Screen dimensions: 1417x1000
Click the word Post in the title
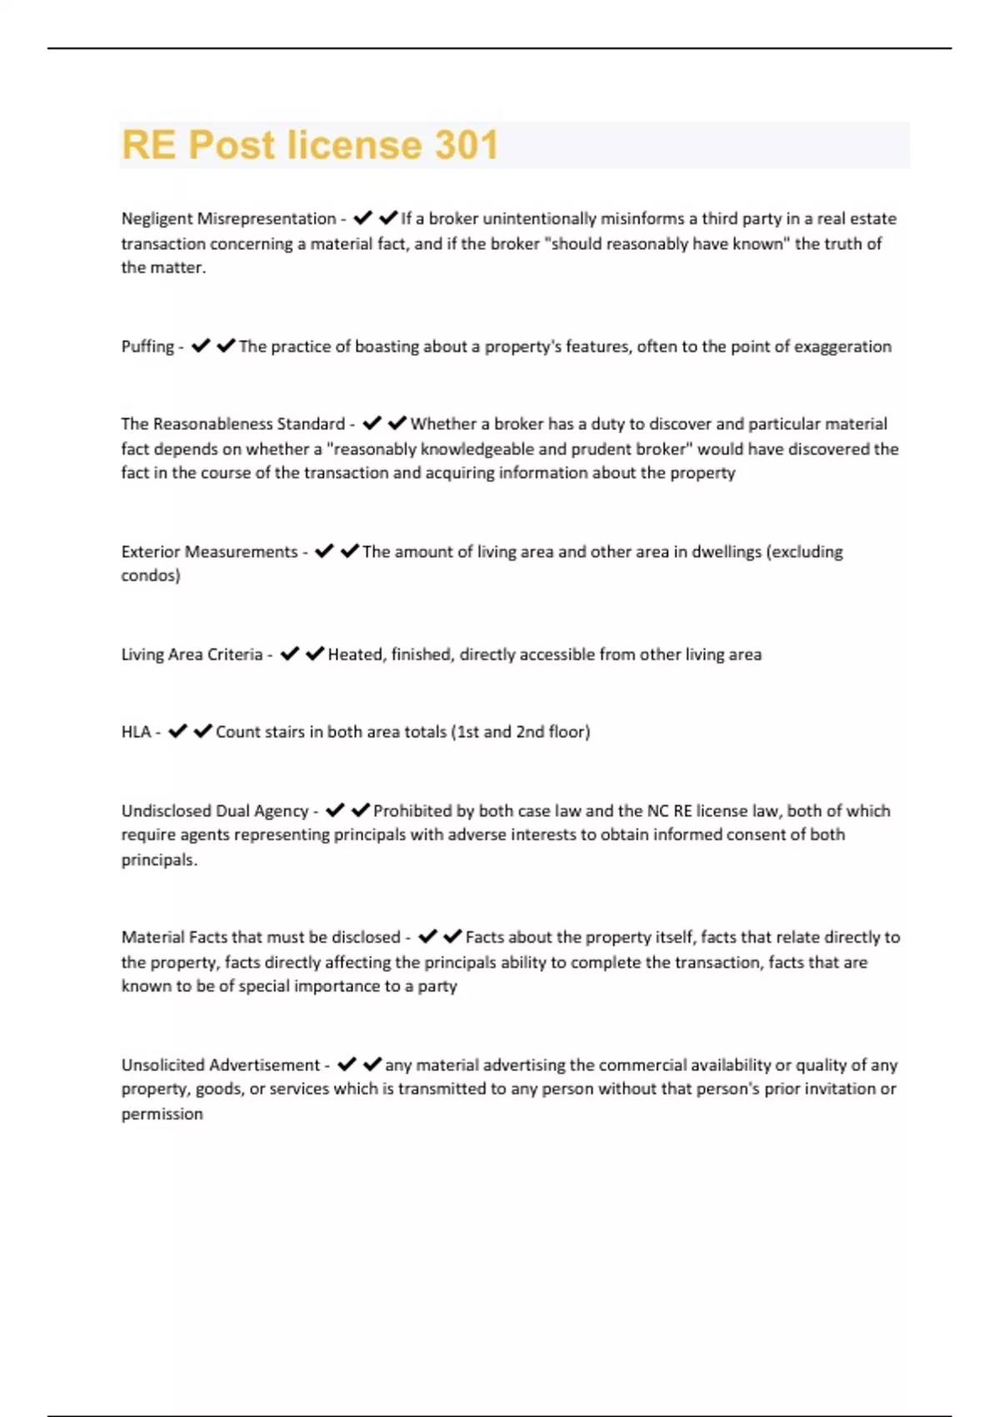[x=231, y=145]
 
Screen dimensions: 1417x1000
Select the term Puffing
[x=147, y=347]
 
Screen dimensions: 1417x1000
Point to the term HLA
[x=136, y=732]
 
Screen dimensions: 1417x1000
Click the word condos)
[x=151, y=576]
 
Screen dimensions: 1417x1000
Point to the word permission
[x=162, y=1114]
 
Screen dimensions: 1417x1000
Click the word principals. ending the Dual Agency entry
[x=159, y=860]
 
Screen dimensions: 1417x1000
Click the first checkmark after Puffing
[x=200, y=346]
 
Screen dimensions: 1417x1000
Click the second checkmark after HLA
[x=202, y=731]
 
